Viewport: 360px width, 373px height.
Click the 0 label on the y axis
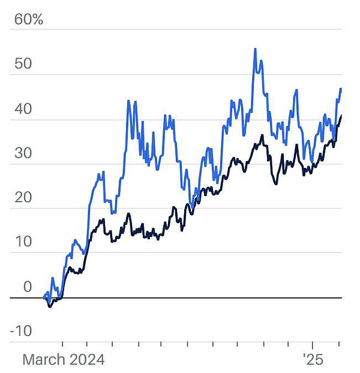tap(27, 287)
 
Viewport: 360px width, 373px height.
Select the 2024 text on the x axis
tap(88, 360)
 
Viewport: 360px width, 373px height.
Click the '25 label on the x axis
tap(313, 360)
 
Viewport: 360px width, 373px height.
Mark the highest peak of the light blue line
tap(255, 49)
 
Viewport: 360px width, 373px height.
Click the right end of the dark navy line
tap(341, 116)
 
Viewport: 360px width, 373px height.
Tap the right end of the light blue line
tap(341, 89)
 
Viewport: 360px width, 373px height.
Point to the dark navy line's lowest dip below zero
tap(50, 306)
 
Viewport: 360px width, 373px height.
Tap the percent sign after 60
tap(38, 19)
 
